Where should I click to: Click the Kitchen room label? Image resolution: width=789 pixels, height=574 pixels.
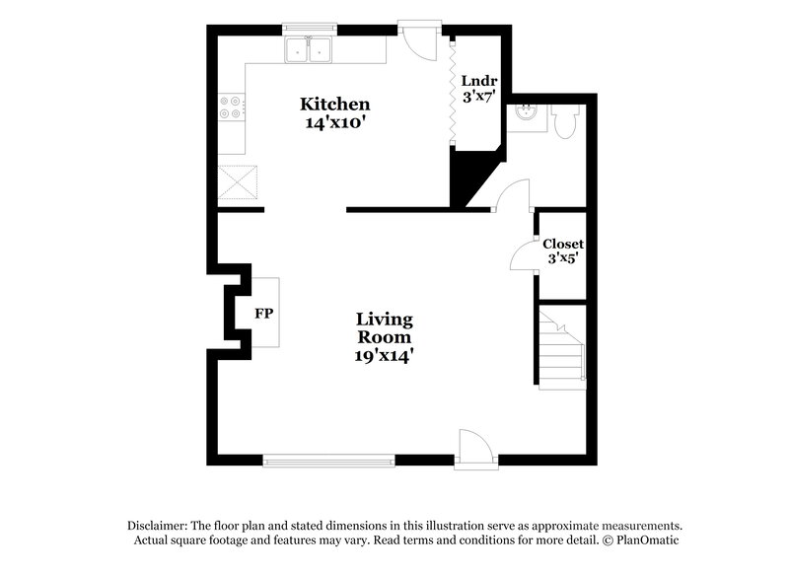335,105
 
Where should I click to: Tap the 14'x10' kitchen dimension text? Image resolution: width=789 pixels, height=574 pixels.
335,124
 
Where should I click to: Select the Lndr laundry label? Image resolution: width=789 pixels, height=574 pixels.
479,81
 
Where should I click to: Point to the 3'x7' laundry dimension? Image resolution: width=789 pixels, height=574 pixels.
479,98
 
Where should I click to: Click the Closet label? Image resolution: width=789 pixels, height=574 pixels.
563,244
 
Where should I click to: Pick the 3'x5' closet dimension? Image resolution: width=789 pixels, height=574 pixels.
563,258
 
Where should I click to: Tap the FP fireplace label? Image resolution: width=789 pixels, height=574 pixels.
263,314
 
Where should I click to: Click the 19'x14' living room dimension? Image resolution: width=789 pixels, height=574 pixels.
384,355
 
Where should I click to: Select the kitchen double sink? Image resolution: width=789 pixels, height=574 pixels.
310,49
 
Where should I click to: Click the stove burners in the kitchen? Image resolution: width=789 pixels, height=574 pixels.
231,107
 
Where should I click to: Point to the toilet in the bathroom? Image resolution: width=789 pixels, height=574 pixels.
567,121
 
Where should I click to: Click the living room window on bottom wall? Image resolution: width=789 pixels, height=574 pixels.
328,458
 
